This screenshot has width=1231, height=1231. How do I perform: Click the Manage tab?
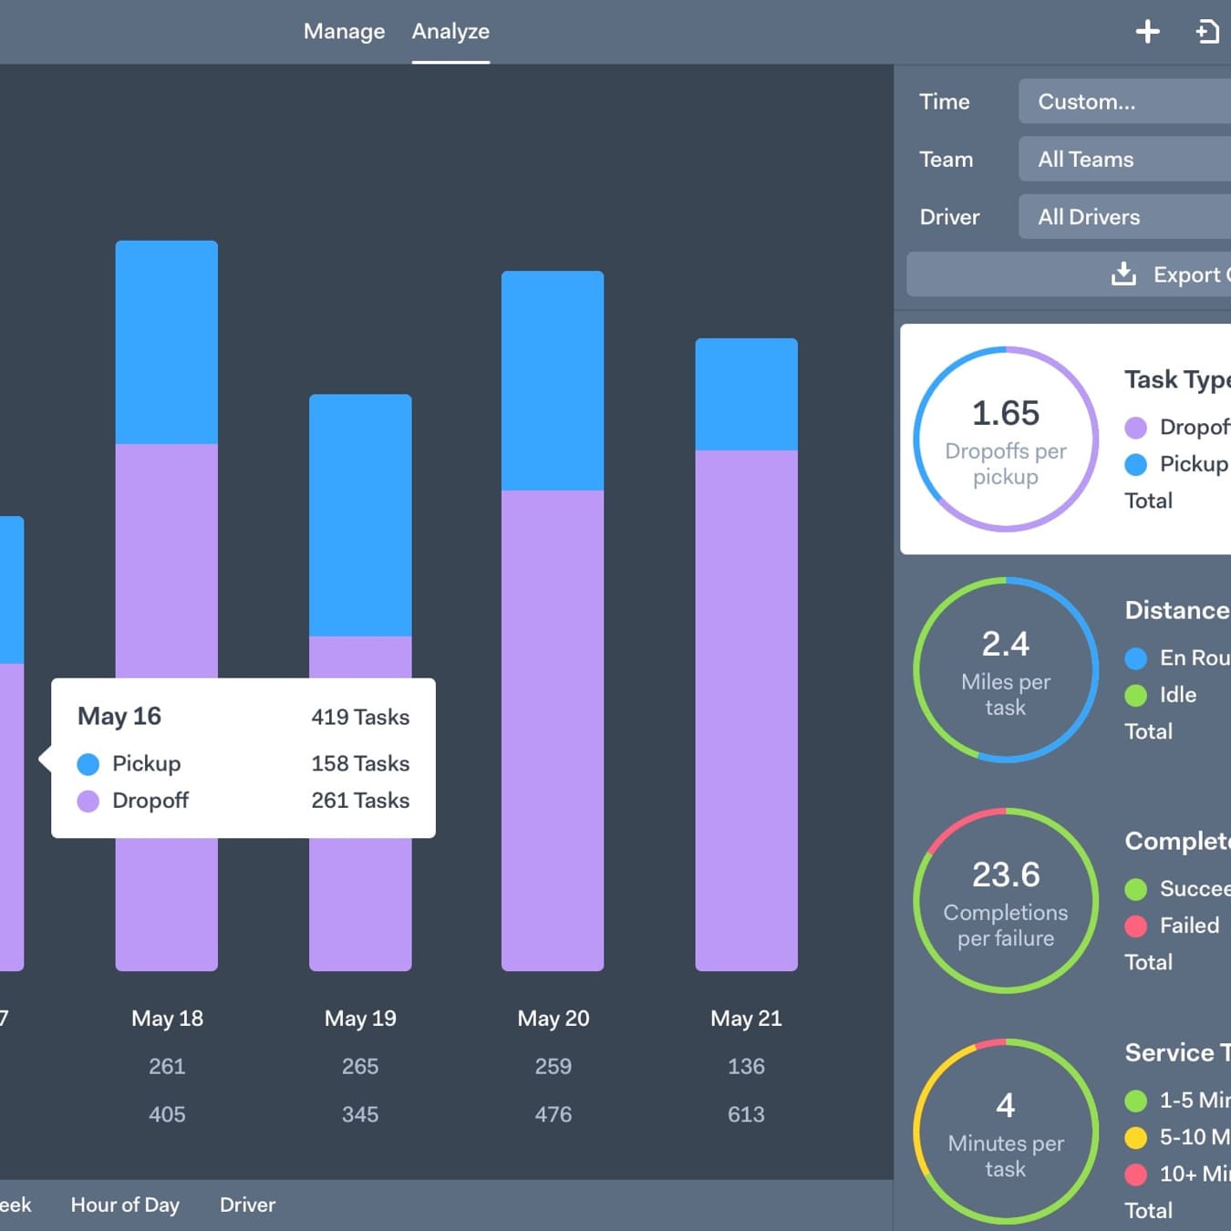pos(344,32)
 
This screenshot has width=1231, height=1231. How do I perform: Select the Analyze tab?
pos(450,32)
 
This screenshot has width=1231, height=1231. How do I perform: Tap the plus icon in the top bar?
pos(1147,32)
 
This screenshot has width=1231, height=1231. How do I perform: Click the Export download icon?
pos(1123,274)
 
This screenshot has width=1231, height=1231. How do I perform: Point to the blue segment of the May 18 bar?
pos(167,342)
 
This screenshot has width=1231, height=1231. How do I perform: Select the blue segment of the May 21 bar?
pos(746,394)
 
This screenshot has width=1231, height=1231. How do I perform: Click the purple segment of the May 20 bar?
pos(553,729)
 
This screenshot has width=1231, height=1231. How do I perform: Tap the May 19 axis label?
pos(360,1019)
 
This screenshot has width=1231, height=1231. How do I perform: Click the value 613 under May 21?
pos(746,1114)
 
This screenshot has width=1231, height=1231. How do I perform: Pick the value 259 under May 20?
pos(553,1067)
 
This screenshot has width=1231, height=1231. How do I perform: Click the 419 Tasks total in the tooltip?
pos(360,718)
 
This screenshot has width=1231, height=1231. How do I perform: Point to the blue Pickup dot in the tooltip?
pos(88,764)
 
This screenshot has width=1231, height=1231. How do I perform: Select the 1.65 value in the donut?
pos(1005,413)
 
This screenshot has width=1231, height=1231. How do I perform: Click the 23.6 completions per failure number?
pos(1005,874)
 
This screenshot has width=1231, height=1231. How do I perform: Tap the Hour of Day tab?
pos(125,1205)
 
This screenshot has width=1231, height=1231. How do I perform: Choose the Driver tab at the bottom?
pos(247,1205)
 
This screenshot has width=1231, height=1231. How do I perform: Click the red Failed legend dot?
pos(1135,926)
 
